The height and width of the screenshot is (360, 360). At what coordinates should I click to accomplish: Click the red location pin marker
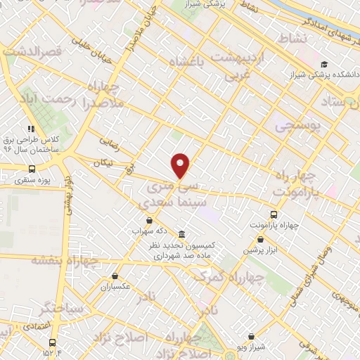click(181, 165)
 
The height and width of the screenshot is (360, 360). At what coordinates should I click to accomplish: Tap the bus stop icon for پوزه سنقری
click(32, 169)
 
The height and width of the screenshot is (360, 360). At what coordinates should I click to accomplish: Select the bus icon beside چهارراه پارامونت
click(274, 214)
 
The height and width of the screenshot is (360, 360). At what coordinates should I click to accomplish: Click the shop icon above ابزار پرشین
click(260, 239)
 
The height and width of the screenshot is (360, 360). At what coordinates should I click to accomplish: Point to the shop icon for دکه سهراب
click(148, 220)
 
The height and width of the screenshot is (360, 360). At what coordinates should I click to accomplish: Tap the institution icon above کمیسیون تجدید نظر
click(182, 233)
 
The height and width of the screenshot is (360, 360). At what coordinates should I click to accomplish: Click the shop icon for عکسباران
click(116, 276)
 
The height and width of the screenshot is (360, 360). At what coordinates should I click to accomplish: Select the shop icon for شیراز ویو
click(252, 337)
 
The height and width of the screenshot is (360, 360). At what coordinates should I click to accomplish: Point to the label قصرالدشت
click(33, 52)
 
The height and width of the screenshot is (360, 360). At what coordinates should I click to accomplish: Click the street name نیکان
click(103, 162)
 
